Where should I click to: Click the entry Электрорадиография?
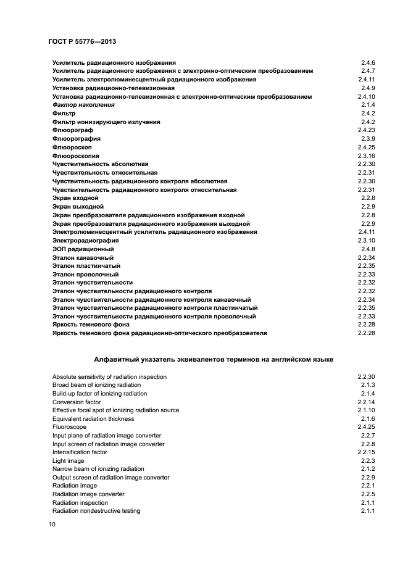[85, 240]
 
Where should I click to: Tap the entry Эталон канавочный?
[83, 257]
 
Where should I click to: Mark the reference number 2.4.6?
[368, 63]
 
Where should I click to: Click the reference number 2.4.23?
[367, 130]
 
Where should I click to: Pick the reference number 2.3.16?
[367, 156]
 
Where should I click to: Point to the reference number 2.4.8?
[368, 249]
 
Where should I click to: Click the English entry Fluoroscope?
[69, 427]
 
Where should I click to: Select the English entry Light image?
[68, 460]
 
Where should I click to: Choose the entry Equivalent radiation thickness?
[93, 418]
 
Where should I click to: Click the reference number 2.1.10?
[367, 410]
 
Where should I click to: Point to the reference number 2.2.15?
[367, 452]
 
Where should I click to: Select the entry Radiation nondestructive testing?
[96, 511]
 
